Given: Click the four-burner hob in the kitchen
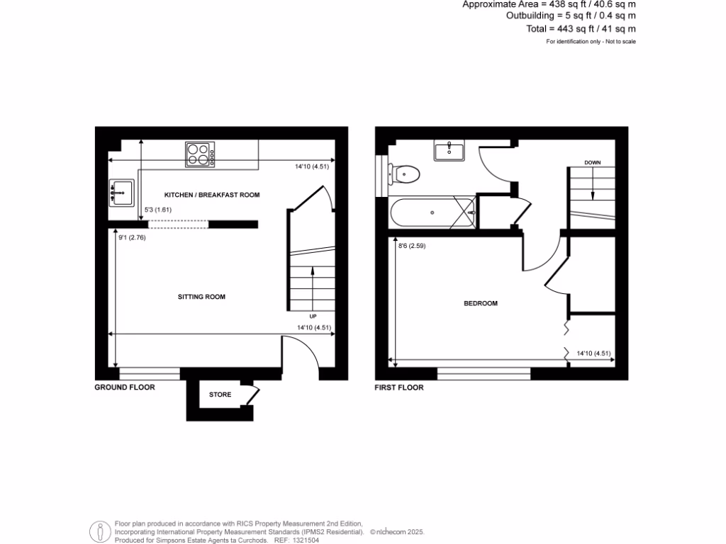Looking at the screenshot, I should (200, 155).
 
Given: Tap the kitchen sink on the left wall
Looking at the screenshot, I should (122, 192).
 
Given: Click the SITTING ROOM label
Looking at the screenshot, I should (201, 297).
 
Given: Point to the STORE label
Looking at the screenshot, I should (220, 395).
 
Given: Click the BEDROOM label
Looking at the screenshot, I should (480, 303).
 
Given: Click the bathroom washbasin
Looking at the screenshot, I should (449, 150).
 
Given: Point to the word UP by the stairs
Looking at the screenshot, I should (312, 316).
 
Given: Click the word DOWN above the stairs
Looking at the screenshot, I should (592, 163).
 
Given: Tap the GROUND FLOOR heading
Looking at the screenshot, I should (125, 387).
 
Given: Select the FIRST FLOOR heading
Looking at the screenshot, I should (400, 387).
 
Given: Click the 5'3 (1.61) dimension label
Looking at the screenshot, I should (159, 210).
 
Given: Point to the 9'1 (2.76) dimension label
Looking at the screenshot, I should (132, 238).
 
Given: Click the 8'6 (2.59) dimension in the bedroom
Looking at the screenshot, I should (412, 246).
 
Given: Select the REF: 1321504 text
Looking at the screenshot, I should (296, 540).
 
